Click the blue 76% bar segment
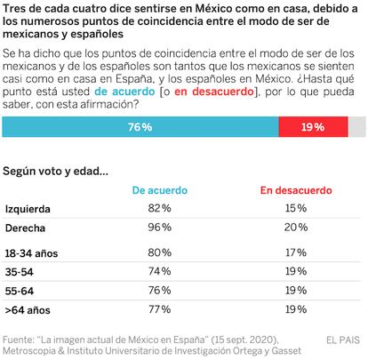[x=140, y=127]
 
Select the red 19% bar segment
[x=314, y=127]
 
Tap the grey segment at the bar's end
[x=357, y=127]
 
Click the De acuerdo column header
[x=160, y=190]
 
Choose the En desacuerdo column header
[x=296, y=190]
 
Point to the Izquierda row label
[x=28, y=209]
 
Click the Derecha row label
[x=25, y=228]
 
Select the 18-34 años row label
[x=31, y=253]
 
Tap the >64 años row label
[x=28, y=310]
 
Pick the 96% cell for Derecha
[x=160, y=228]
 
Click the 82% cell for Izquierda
[x=160, y=208]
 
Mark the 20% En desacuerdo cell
[x=296, y=228]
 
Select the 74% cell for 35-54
[x=160, y=271]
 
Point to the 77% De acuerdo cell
[x=160, y=309]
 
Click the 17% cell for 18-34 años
[x=296, y=252]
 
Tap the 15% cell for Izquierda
[x=296, y=208]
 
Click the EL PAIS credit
[x=343, y=340]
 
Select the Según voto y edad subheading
[x=55, y=172]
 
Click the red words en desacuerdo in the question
[x=214, y=92]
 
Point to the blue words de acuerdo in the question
[x=124, y=92]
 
